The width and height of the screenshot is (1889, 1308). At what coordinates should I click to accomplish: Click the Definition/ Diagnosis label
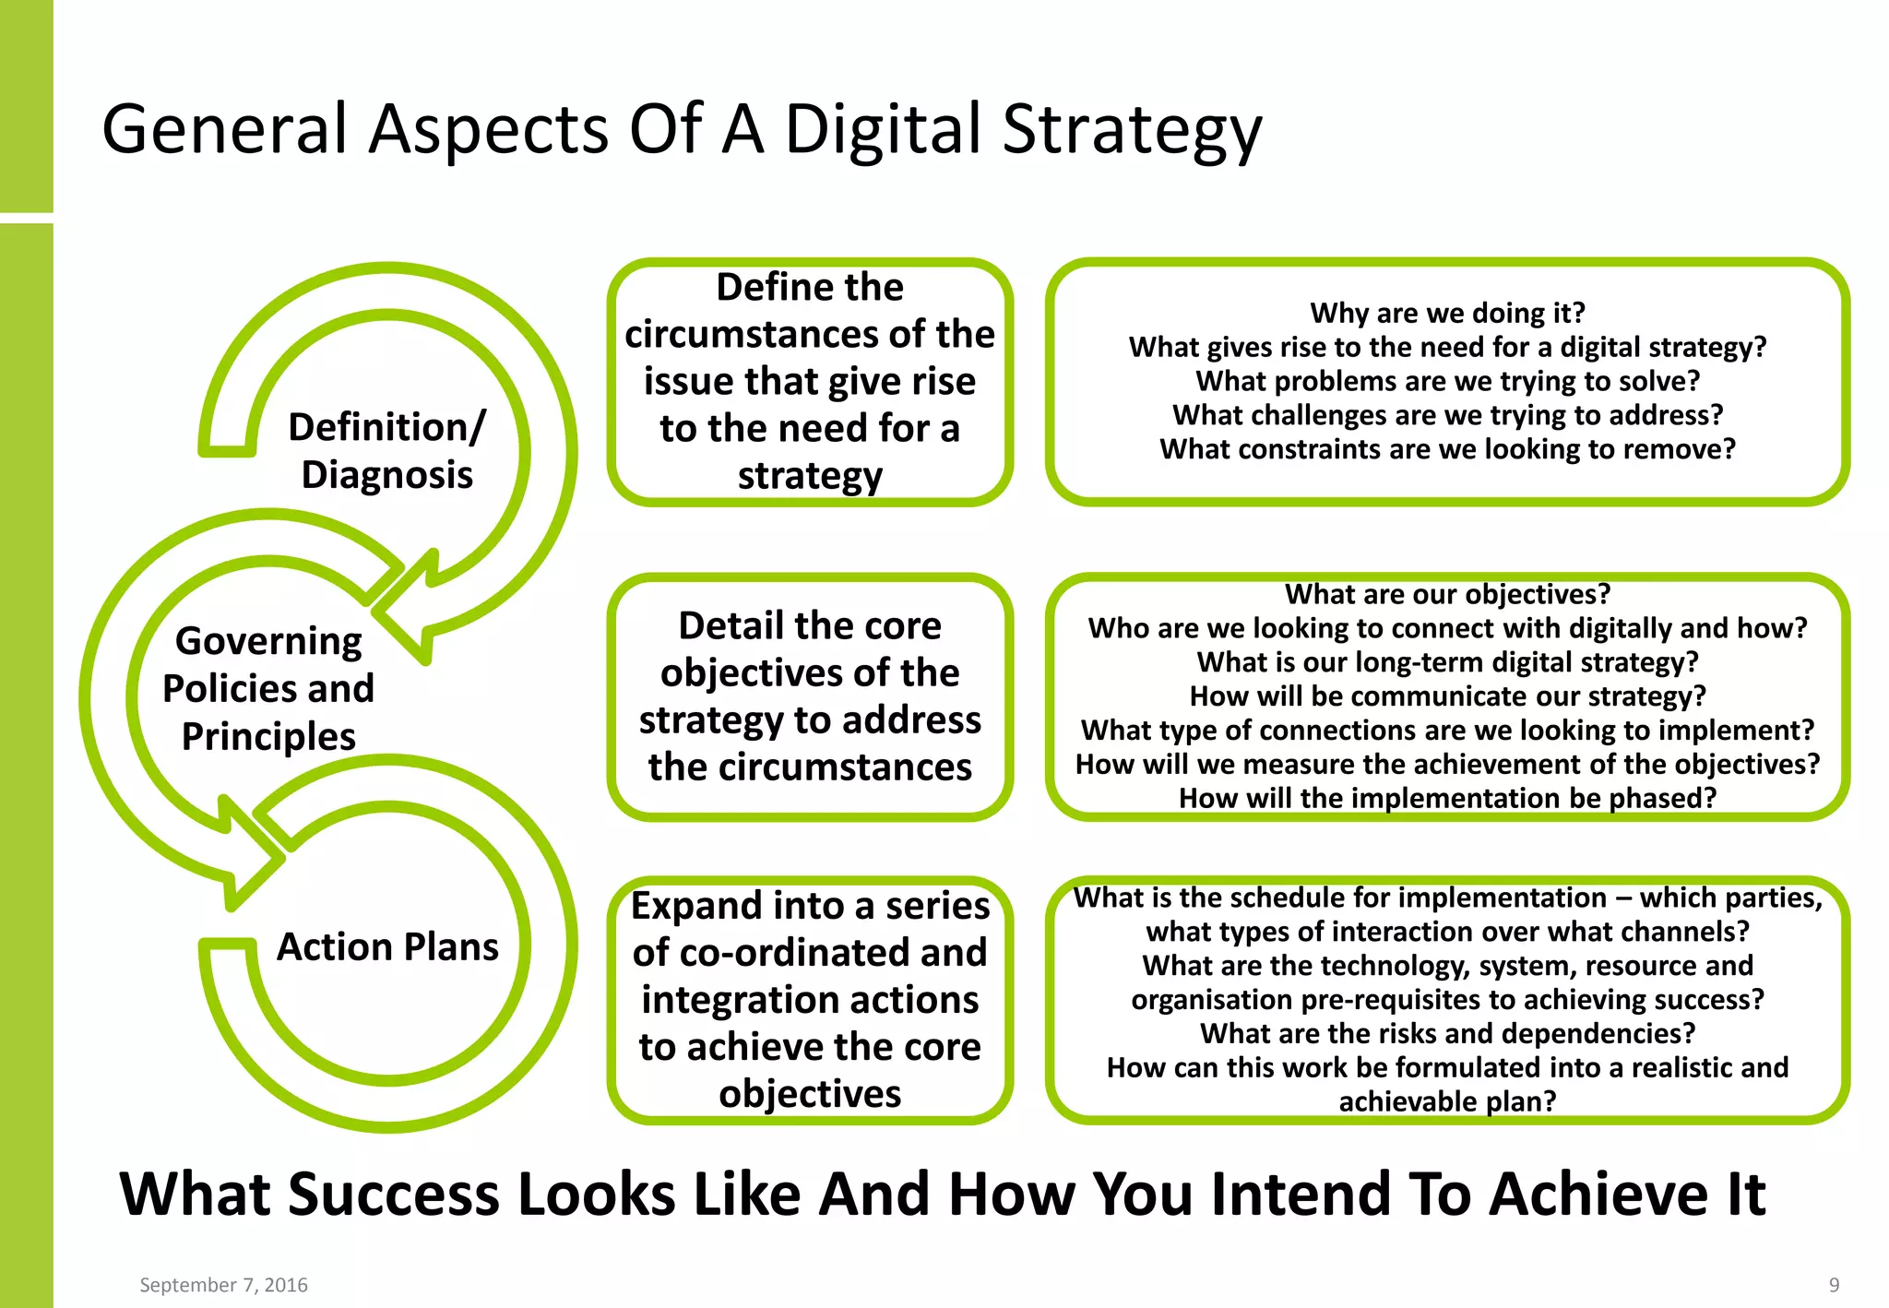coord(386,451)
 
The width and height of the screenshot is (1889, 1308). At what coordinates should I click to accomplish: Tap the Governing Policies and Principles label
coord(268,688)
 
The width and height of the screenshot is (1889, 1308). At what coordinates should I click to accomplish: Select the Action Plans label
coord(387,947)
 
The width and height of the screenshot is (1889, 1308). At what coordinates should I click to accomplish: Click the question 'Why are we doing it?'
coord(1447,313)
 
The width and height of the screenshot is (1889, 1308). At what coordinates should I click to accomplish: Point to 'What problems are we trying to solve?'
coord(1447,381)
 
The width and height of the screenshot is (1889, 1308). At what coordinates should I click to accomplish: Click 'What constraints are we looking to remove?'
coord(1447,449)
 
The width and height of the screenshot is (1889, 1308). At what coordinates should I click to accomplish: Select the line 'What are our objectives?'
coord(1447,594)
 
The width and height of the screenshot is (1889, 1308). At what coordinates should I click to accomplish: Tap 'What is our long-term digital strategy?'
coord(1447,662)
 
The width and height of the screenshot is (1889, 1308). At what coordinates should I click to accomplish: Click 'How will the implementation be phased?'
coord(1447,798)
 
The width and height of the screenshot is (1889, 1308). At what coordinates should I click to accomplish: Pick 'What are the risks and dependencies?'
coord(1447,1033)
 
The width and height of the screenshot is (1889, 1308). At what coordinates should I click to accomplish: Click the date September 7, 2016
coord(223,1285)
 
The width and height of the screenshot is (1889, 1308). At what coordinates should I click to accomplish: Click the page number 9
coord(1834,1285)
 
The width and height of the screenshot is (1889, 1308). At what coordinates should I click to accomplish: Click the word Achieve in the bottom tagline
coord(1599,1195)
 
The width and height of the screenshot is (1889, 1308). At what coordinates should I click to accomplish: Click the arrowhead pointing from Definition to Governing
coord(406,609)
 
